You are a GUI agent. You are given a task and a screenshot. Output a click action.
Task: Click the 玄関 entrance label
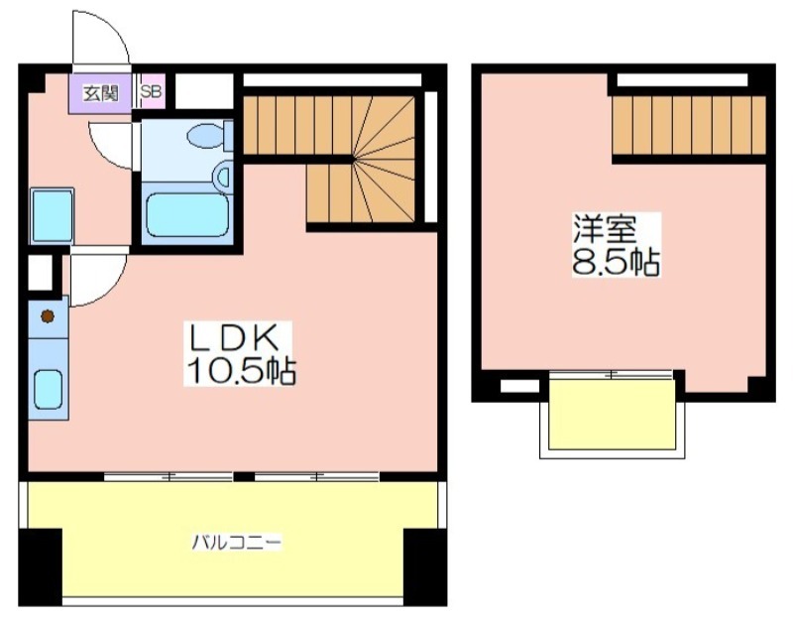click(101, 93)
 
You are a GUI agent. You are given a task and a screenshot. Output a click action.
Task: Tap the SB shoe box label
click(151, 91)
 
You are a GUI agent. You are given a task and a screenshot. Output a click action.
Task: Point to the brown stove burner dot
click(48, 316)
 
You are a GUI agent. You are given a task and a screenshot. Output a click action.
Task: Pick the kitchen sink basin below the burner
click(48, 390)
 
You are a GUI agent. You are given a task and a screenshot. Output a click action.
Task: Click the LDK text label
click(233, 338)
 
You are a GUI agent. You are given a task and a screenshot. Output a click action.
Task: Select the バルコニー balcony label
click(236, 543)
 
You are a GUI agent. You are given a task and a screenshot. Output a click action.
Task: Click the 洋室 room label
click(605, 230)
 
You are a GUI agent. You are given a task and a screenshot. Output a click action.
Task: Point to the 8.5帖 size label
click(616, 262)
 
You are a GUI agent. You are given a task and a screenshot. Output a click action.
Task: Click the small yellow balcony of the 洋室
click(612, 414)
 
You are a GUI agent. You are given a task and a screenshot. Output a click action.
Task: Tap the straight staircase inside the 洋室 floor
click(689, 125)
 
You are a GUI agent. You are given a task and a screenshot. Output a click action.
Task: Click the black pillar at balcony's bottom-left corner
click(40, 567)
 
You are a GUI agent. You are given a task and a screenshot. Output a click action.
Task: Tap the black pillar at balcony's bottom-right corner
click(425, 567)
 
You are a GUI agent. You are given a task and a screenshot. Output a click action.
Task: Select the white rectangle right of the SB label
click(204, 91)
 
